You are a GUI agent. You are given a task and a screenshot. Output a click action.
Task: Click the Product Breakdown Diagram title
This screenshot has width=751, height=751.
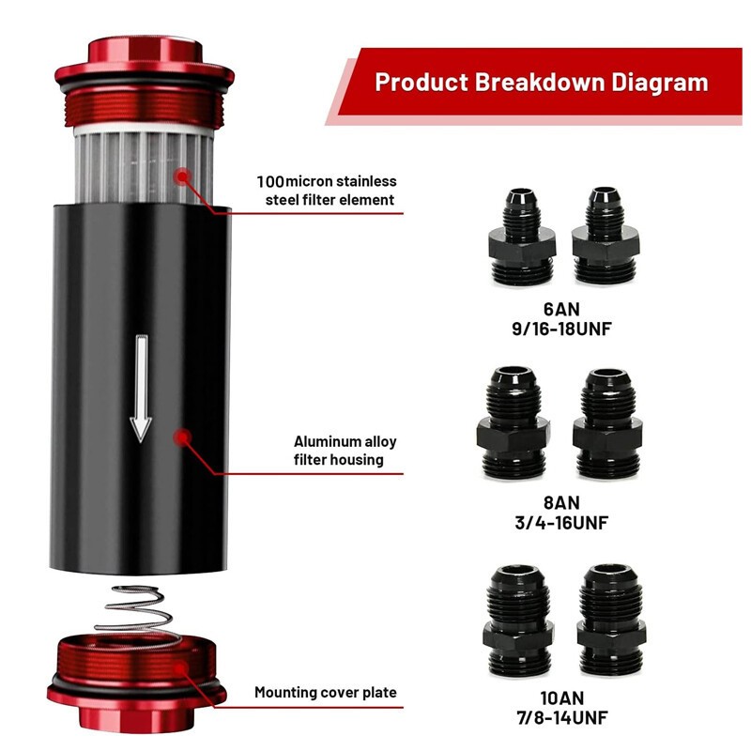point(541,82)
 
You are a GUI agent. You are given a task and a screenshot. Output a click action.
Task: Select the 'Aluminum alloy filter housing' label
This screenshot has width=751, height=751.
point(339,451)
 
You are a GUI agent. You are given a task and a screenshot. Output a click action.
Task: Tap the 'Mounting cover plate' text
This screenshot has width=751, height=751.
point(326,693)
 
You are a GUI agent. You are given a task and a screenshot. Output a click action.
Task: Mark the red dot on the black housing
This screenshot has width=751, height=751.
point(182,437)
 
